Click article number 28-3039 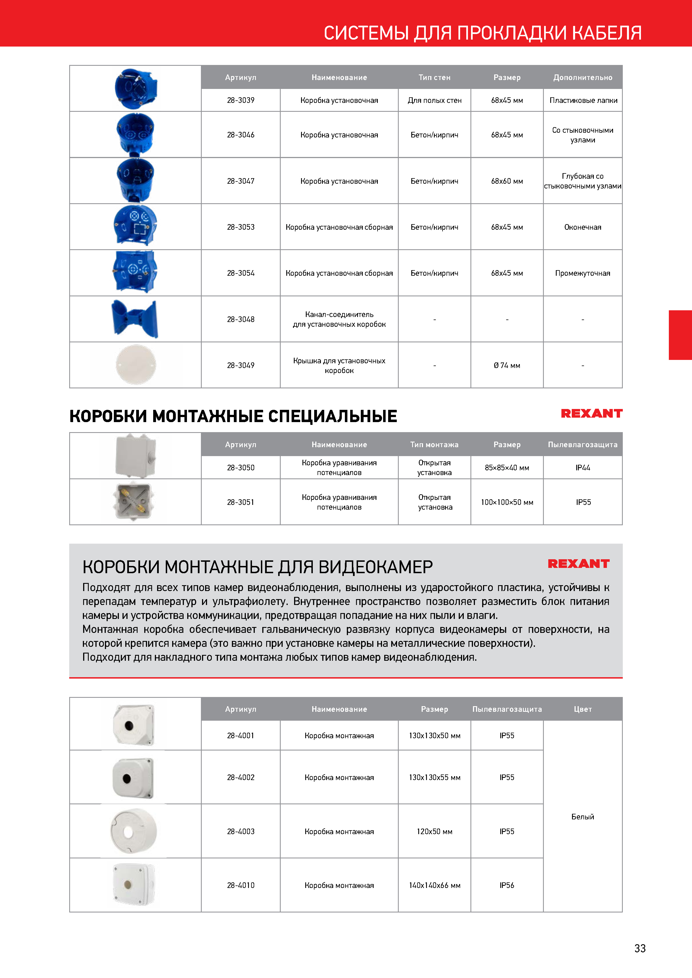point(241,100)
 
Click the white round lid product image point(136,365)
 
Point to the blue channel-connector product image point(135,319)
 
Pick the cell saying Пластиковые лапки point(583,100)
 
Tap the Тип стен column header point(434,78)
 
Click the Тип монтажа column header point(434,445)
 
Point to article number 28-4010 point(241,885)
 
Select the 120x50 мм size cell point(434,831)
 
